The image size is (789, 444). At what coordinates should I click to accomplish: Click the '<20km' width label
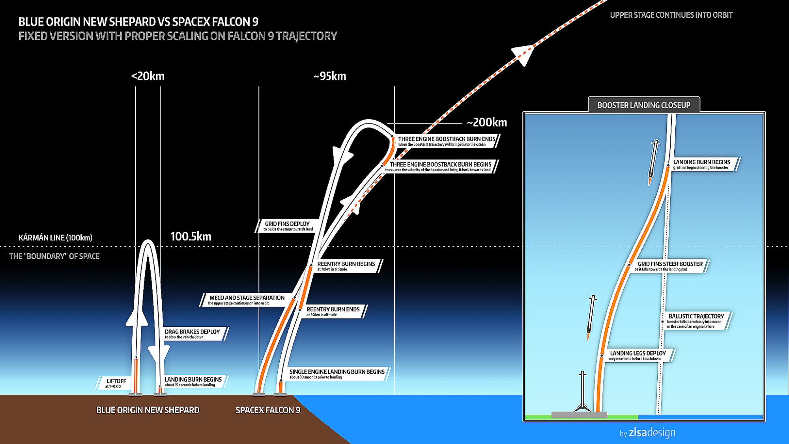[148, 76]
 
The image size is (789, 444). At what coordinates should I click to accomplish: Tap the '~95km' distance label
[330, 76]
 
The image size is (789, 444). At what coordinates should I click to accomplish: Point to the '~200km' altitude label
[487, 122]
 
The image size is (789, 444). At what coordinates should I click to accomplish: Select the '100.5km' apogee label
[191, 236]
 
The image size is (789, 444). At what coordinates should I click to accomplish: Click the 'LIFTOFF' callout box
[115, 383]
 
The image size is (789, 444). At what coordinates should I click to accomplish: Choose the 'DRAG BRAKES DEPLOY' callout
[194, 334]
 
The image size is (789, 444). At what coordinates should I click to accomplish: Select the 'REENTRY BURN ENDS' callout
[334, 311]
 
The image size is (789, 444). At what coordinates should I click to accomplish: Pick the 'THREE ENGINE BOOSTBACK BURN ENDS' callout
[446, 141]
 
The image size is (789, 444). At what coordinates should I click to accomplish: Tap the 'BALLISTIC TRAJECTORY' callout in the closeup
[696, 321]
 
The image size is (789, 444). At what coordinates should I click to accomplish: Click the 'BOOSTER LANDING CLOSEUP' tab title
[644, 105]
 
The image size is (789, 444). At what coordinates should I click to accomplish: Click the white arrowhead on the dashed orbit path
[524, 54]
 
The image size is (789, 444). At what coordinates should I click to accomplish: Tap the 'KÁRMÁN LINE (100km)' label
[55, 238]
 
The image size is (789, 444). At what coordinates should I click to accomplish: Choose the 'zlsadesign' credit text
[652, 433]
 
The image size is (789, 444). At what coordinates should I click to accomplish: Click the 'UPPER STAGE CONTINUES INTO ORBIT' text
[671, 15]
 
